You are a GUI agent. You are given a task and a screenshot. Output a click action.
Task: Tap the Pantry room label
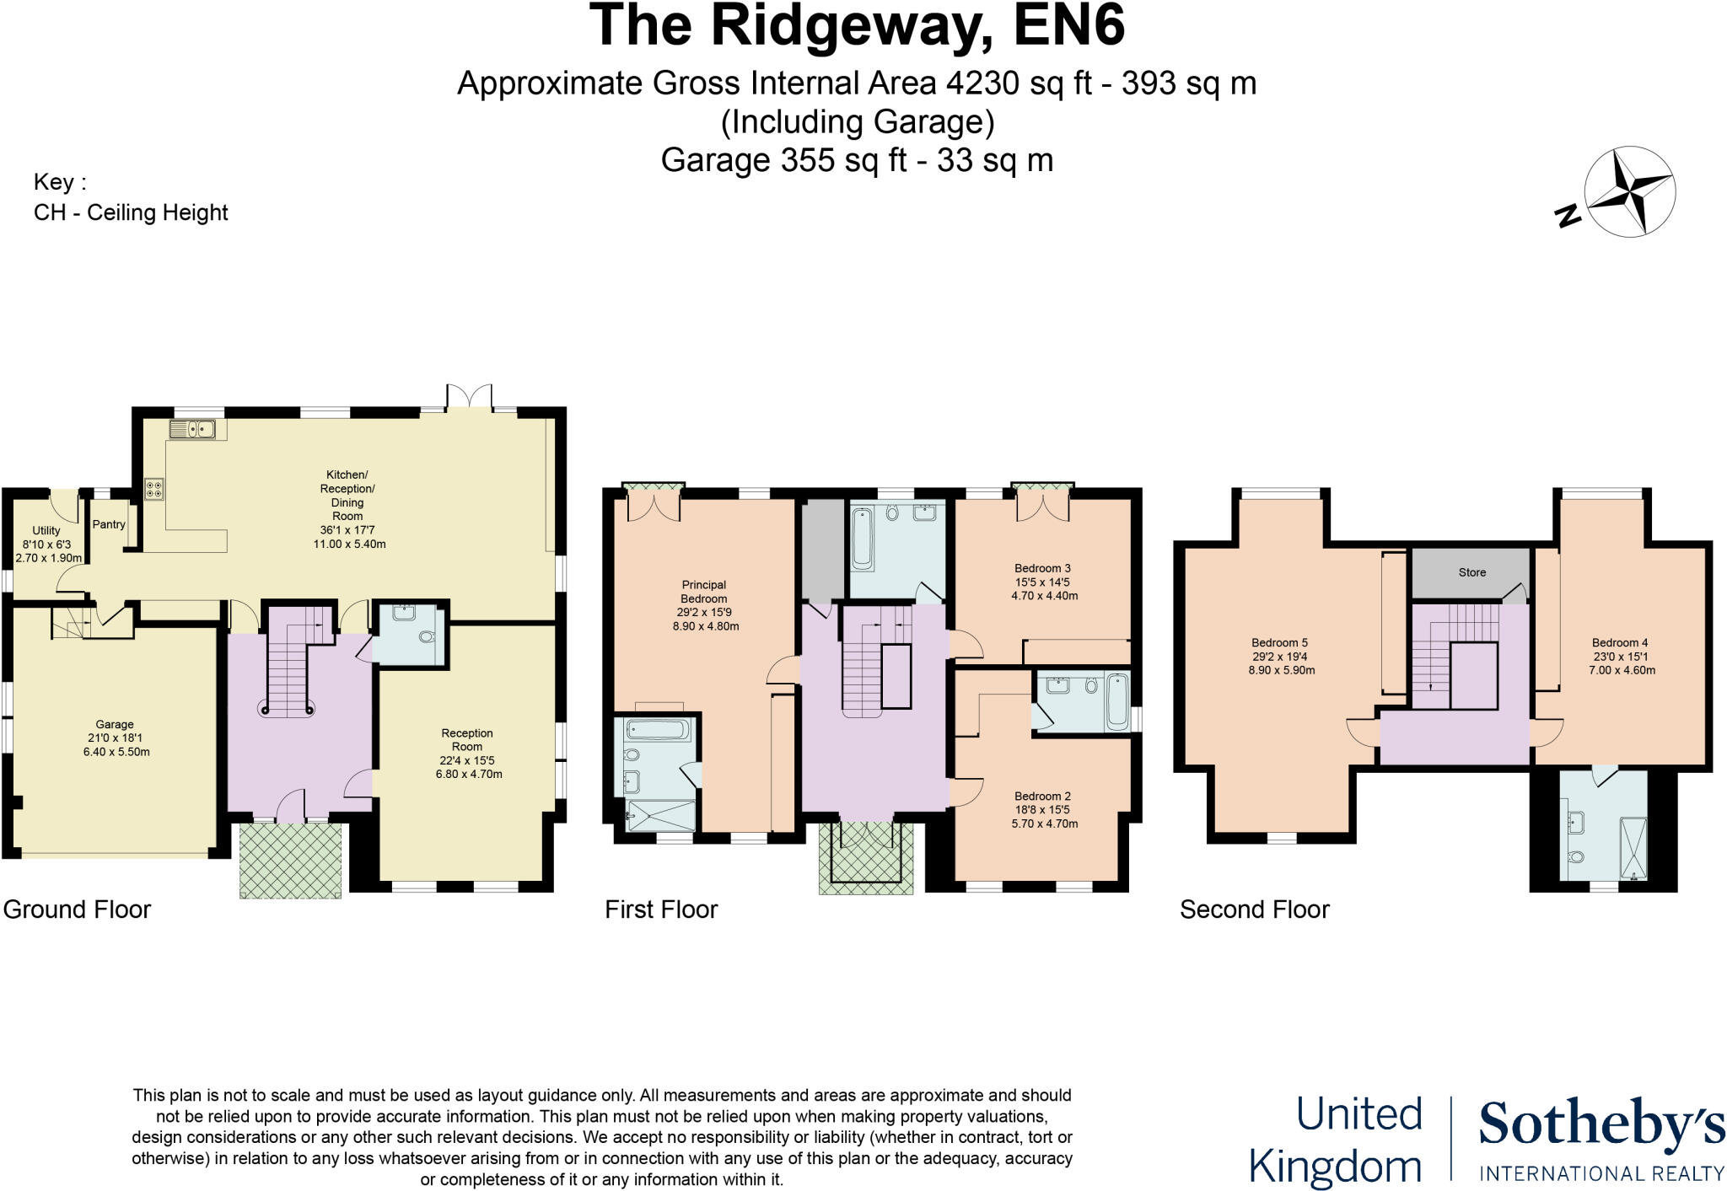pyautogui.click(x=109, y=524)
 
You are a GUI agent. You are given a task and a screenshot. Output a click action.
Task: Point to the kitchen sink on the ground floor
pyautogui.click(x=193, y=430)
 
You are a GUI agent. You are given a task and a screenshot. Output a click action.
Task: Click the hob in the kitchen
pyautogui.click(x=154, y=489)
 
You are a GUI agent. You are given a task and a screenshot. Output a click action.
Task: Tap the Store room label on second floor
pyautogui.click(x=1471, y=572)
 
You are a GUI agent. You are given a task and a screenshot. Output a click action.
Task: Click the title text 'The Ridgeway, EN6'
pyautogui.click(x=857, y=25)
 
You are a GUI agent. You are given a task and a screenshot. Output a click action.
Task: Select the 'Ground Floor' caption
pyautogui.click(x=77, y=909)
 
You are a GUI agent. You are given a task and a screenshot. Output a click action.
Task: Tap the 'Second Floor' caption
pyautogui.click(x=1254, y=909)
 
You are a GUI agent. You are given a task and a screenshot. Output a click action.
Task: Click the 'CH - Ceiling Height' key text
pyautogui.click(x=131, y=212)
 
